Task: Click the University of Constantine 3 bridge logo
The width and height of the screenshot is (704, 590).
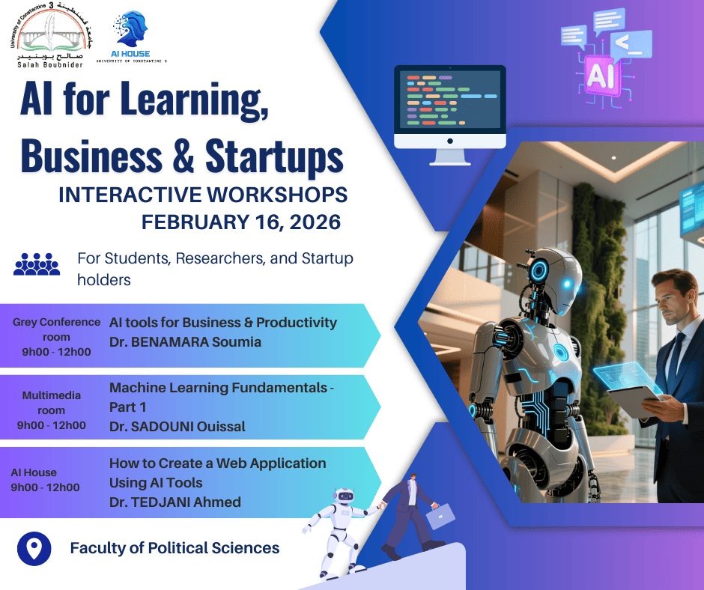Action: (x=51, y=35)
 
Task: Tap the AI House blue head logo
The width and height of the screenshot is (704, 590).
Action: (x=130, y=29)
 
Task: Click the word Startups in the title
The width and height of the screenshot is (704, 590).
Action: (x=274, y=156)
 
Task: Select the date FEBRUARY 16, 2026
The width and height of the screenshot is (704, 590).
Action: (x=241, y=222)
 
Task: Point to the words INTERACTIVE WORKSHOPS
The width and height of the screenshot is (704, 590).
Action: (x=203, y=195)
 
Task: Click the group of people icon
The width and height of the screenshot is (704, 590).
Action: (x=37, y=264)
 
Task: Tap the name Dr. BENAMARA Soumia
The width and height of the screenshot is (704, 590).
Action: (x=185, y=342)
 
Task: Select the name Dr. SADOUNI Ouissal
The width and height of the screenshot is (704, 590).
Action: (x=177, y=427)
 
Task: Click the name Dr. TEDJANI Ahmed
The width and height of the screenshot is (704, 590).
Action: (x=175, y=502)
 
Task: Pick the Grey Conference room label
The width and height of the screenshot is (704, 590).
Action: (x=57, y=329)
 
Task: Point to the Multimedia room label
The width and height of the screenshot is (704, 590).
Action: (x=52, y=403)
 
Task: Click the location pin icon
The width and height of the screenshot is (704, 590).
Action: (x=34, y=549)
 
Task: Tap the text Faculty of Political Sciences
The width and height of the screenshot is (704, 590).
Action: (x=175, y=548)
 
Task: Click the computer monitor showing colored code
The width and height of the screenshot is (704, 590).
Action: (x=450, y=115)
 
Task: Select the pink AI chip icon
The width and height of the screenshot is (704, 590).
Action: (x=601, y=76)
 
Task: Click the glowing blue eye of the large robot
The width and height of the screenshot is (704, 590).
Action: (x=567, y=284)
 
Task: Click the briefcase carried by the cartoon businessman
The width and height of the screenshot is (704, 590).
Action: (x=440, y=517)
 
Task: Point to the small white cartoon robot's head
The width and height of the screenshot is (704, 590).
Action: (x=345, y=496)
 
